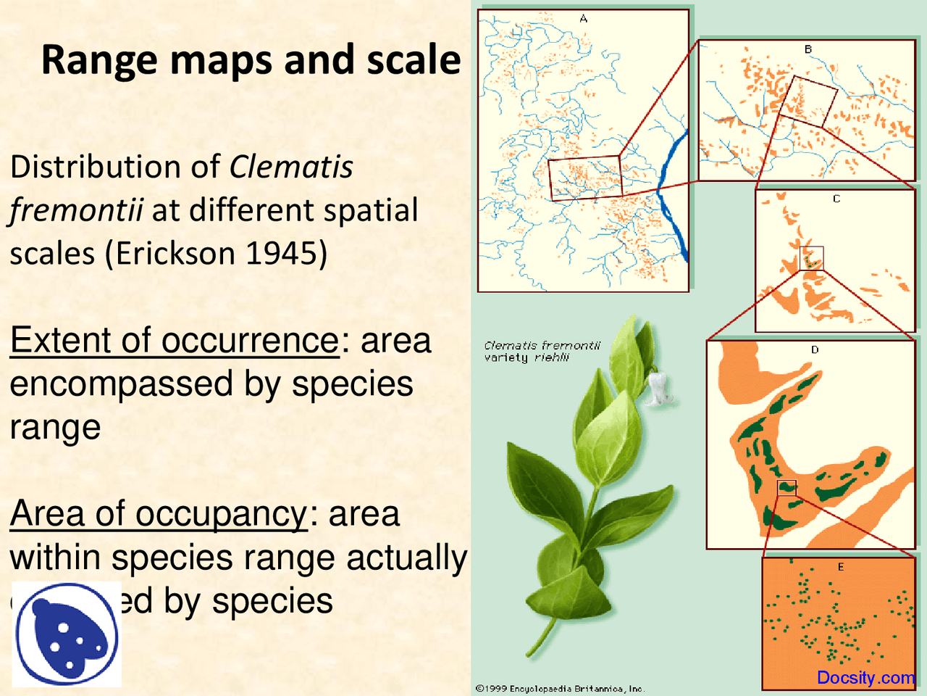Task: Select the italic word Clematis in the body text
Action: (291, 167)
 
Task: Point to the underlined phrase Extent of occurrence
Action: (175, 341)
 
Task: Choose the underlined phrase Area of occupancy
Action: (159, 514)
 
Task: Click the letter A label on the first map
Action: (583, 19)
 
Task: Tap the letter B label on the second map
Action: (808, 49)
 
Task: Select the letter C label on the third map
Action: (836, 199)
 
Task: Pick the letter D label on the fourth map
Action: (815, 349)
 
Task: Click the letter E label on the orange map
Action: (840, 567)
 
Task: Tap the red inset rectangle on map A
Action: (584, 177)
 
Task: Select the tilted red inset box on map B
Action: (808, 101)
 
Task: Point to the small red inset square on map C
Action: (811, 259)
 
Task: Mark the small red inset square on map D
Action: (787, 488)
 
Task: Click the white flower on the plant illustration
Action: (660, 388)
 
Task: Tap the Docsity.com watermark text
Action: (865, 678)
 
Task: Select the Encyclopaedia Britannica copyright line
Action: (560, 689)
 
